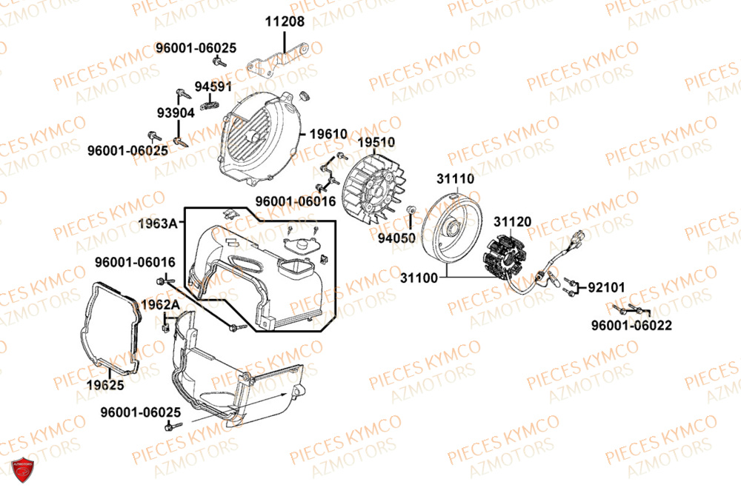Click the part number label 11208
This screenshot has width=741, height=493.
tap(285, 21)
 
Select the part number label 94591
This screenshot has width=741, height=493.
tap(213, 87)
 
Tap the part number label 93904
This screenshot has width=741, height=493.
tap(176, 113)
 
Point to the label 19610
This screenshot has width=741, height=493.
tap(328, 134)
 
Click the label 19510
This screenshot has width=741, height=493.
tap(376, 142)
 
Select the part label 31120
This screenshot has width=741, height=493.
tap(513, 221)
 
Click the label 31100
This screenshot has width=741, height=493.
tap(419, 278)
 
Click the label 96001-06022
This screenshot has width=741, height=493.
tap(632, 326)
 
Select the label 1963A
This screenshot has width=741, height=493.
tap(158, 223)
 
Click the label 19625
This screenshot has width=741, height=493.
tap(104, 385)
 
